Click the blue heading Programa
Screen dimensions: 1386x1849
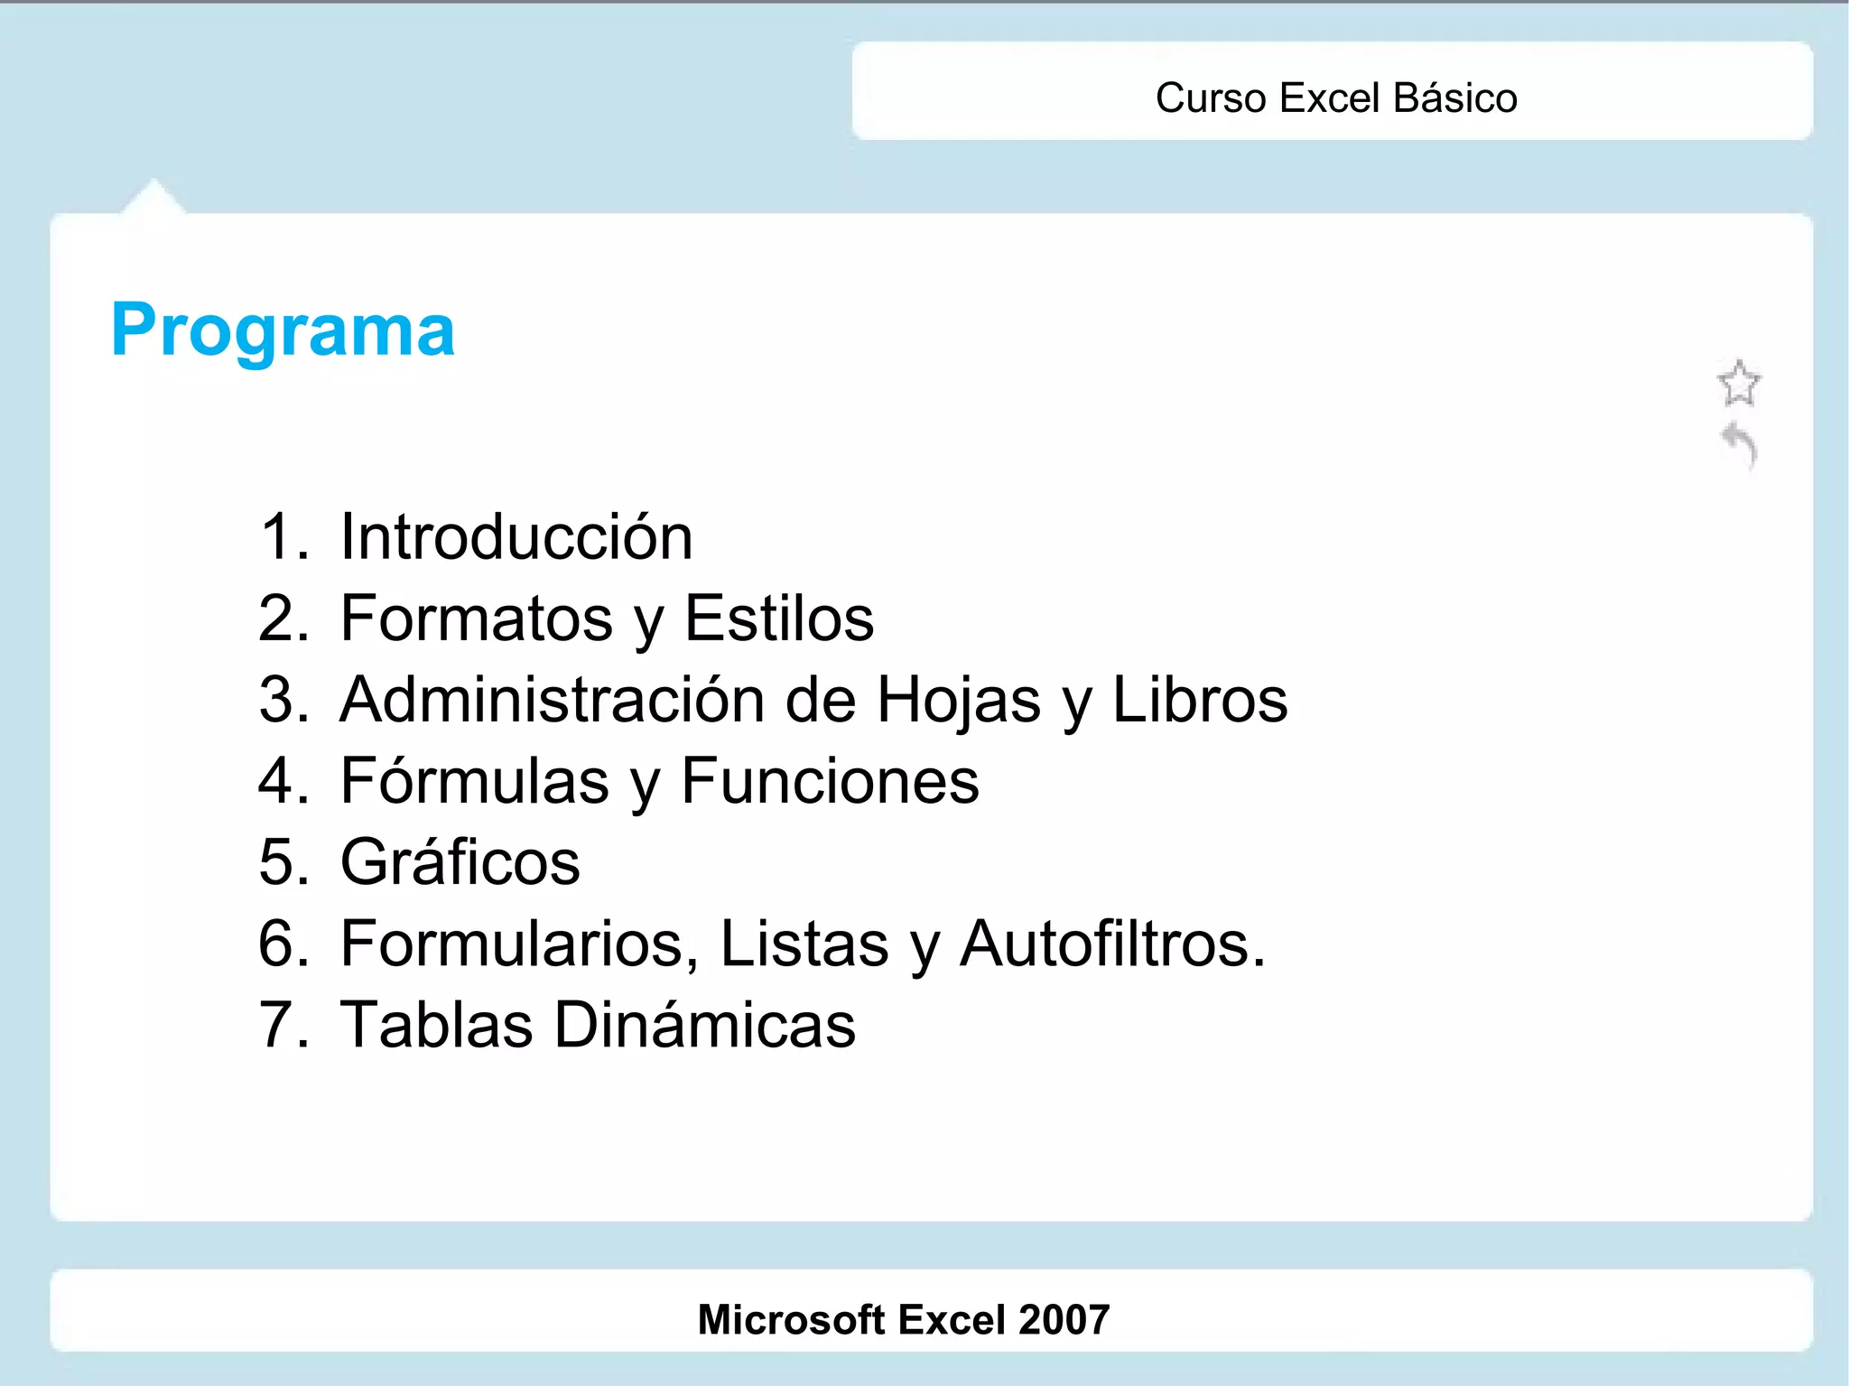(283, 330)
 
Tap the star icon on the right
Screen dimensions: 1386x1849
(1738, 384)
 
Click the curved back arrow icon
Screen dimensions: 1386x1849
(1740, 445)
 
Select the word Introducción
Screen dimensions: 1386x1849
(516, 537)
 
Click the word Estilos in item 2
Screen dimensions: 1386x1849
(779, 619)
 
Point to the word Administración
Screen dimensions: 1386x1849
(553, 700)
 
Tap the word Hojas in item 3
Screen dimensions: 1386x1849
(959, 701)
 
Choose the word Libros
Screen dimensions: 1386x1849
(1199, 700)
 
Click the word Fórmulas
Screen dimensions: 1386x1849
(475, 781)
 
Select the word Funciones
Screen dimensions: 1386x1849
(830, 781)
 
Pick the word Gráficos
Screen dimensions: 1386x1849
(460, 863)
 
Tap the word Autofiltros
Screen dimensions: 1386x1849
(1111, 944)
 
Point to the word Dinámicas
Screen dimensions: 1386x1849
(704, 1026)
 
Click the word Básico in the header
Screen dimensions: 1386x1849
(1454, 98)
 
